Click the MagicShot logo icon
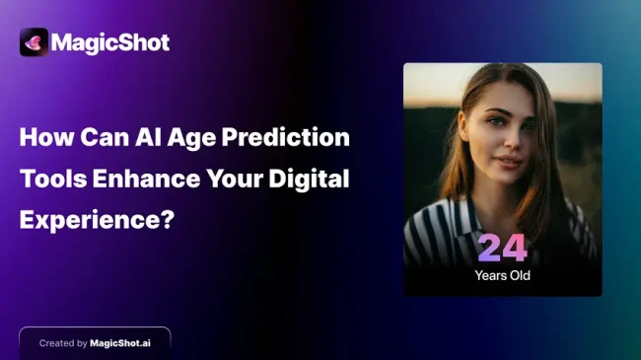point(34,41)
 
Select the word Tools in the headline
point(52,178)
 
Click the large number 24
point(503,250)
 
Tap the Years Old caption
point(503,275)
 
